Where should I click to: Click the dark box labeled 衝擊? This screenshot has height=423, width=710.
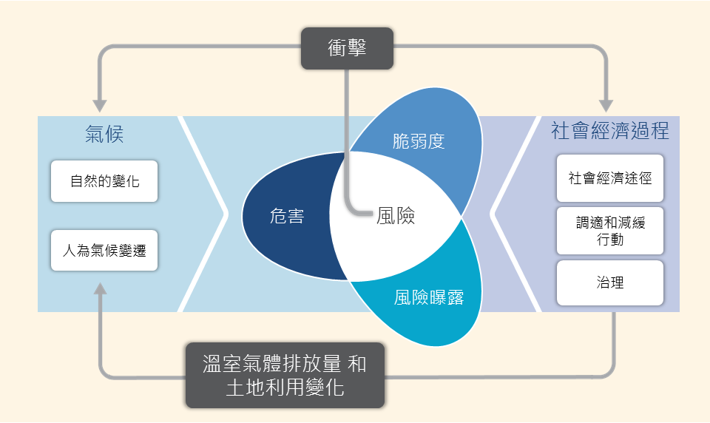tap(347, 48)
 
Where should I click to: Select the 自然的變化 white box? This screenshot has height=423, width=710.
tap(104, 181)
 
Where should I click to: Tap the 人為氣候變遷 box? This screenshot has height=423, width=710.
tap(104, 251)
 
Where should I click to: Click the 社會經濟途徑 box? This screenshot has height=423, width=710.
tap(610, 178)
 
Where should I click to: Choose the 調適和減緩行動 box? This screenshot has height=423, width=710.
tap(610, 231)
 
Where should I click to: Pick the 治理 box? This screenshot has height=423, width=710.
tap(610, 282)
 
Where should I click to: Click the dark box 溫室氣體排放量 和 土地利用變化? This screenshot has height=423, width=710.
tap(285, 376)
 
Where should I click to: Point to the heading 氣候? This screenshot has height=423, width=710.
tap(104, 134)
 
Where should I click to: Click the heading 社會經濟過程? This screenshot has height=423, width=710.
tap(610, 131)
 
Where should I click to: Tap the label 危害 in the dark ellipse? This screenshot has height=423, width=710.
tap(287, 216)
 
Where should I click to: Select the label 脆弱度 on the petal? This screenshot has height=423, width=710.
tap(419, 141)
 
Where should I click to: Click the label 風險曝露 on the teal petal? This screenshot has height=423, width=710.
tap(429, 297)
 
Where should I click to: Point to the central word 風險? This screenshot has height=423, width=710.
tap(396, 216)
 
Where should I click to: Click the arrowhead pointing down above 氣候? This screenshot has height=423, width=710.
tap(100, 106)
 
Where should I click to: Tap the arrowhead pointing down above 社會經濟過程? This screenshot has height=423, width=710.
tap(606, 106)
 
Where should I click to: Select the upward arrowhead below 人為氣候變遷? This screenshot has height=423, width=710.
tap(100, 289)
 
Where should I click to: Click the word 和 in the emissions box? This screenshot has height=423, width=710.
tap(357, 364)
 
